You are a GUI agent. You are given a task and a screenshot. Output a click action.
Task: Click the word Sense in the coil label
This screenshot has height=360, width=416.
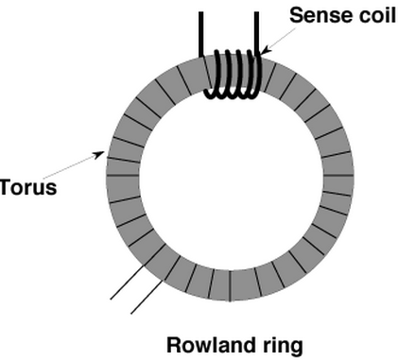317,15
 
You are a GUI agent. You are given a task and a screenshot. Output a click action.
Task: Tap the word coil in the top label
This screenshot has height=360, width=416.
373,15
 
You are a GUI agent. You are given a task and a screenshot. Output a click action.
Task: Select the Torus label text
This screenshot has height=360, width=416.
28,186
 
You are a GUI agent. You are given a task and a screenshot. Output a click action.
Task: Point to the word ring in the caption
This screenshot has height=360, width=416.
283,346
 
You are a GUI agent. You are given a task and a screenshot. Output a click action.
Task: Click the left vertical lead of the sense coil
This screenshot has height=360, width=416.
201,34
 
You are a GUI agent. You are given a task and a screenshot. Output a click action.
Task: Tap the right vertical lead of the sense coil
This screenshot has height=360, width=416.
256,34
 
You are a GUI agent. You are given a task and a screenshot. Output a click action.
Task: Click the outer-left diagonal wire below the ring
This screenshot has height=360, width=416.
128,283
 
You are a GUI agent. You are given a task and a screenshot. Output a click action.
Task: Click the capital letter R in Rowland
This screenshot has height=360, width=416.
174,345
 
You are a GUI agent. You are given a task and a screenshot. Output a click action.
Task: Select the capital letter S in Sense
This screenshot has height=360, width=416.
296,15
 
